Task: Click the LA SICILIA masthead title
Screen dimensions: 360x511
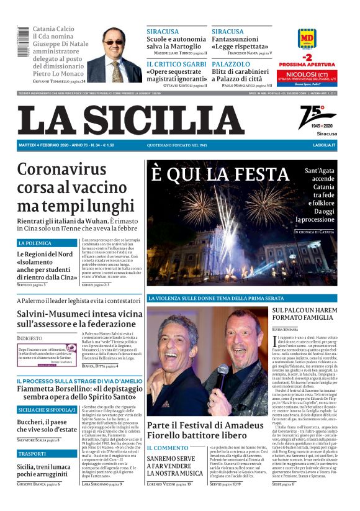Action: coord(131,119)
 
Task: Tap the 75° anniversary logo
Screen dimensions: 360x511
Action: coord(317,117)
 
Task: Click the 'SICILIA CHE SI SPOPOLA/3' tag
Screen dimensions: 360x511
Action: coord(47,410)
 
